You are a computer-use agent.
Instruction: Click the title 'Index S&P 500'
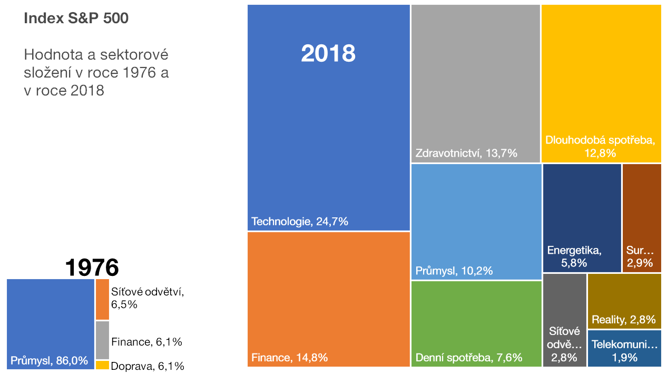pyautogui.click(x=76, y=18)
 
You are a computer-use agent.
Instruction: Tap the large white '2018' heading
pyautogui.click(x=328, y=54)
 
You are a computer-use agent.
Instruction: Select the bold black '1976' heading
pyautogui.click(x=92, y=267)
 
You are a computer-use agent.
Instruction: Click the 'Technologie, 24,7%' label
pyautogui.click(x=300, y=222)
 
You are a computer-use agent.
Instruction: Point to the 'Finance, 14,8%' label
pyautogui.click(x=290, y=358)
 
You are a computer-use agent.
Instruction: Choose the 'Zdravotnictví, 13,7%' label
pyautogui.click(x=466, y=154)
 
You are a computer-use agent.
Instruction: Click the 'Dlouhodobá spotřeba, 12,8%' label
pyautogui.click(x=601, y=147)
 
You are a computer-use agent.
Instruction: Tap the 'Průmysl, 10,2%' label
pyautogui.click(x=454, y=271)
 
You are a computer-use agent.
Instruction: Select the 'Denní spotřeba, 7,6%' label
pyautogui.click(x=469, y=358)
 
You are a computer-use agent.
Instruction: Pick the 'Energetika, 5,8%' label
pyautogui.click(x=574, y=256)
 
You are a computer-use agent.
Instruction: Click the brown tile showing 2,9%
pyautogui.click(x=641, y=217)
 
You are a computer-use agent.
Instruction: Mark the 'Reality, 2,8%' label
pyautogui.click(x=623, y=319)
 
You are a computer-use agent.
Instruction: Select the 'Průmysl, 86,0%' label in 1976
pyautogui.click(x=49, y=361)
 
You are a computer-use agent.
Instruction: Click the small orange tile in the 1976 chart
pyautogui.click(x=102, y=299)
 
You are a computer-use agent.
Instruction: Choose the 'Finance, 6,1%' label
pyautogui.click(x=146, y=342)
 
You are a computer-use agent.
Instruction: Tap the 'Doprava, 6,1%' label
pyautogui.click(x=148, y=366)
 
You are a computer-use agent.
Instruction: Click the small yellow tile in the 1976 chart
pyautogui.click(x=102, y=365)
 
